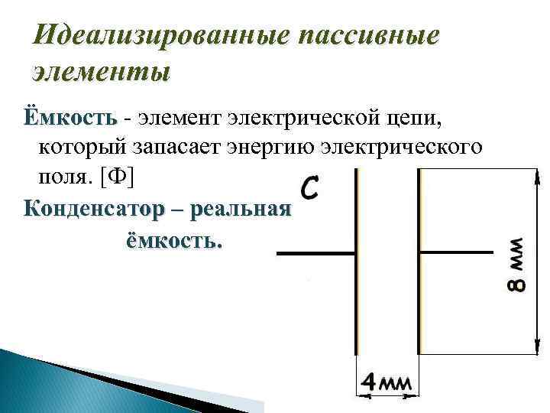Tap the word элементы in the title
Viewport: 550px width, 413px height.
[x=102, y=73]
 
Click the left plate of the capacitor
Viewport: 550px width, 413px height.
[x=357, y=260]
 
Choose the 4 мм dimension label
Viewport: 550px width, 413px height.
[x=387, y=382]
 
